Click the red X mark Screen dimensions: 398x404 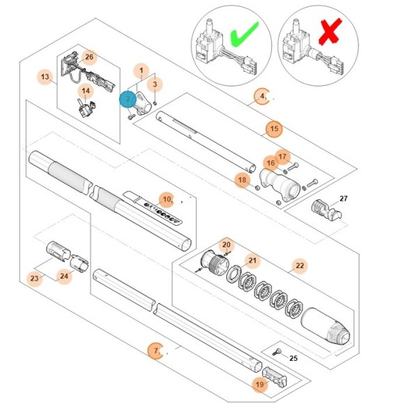330,31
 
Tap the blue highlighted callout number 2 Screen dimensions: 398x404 128,100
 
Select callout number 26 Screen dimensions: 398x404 89,57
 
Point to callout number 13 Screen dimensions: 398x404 45,77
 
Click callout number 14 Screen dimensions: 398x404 86,91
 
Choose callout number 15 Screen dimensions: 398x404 274,129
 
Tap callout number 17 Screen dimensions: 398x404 282,157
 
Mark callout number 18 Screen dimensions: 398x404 242,180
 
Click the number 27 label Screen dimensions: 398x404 344,199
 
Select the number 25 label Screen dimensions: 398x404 293,358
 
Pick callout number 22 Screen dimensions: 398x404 300,265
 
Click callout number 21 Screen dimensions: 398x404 252,261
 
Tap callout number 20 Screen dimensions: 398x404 227,244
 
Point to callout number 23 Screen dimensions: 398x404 34,279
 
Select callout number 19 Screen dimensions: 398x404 260,384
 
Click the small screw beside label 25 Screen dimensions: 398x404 277,352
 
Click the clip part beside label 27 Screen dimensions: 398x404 326,210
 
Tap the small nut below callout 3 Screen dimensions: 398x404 155,103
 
